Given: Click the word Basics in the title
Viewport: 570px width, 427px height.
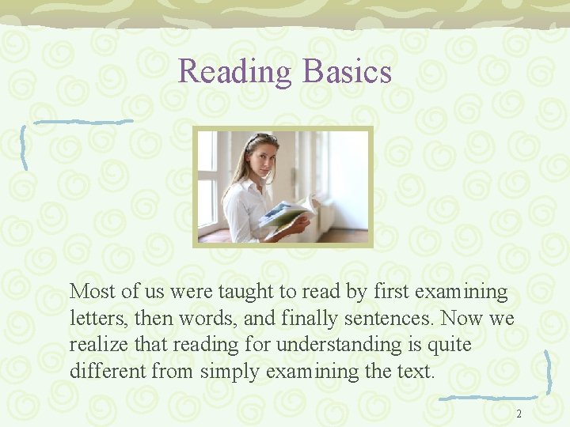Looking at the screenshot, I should coord(346,72).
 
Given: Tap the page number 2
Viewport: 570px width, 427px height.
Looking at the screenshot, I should coord(519,414).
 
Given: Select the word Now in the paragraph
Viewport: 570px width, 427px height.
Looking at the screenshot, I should coord(461,318).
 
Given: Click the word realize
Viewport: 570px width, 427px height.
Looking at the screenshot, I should coord(97,345).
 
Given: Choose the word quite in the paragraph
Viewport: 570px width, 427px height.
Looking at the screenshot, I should coord(449,345).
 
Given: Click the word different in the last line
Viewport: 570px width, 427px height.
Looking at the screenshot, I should coord(104,371).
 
